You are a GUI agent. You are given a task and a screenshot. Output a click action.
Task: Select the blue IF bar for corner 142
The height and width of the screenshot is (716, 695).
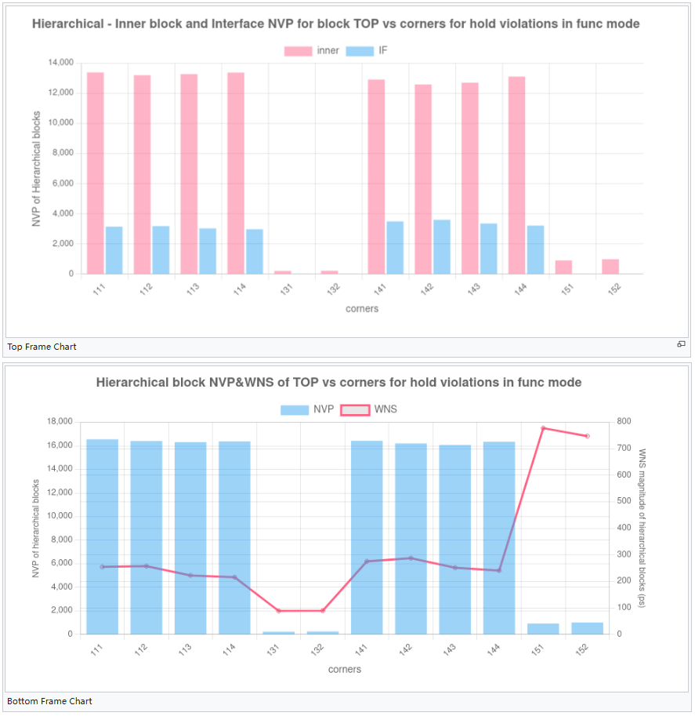[442, 247]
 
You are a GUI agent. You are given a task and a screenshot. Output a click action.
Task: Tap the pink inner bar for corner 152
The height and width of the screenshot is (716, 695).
[610, 267]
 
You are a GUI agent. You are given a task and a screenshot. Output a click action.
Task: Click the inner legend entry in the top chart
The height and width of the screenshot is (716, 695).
[312, 51]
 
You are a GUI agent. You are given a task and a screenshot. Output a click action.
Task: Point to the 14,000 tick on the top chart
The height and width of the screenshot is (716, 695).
[60, 63]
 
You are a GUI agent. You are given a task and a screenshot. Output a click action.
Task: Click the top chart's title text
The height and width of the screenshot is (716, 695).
[335, 24]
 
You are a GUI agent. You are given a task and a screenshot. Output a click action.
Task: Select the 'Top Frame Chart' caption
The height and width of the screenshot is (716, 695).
[42, 347]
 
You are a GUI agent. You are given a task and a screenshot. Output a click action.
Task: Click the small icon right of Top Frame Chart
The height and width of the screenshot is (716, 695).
[681, 344]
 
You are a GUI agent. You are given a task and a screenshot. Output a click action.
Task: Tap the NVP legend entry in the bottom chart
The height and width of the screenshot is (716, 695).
[307, 409]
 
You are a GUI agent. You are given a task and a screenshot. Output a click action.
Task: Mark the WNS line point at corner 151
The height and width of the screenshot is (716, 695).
[543, 428]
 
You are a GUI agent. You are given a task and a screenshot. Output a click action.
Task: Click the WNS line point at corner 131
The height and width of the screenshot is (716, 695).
[278, 610]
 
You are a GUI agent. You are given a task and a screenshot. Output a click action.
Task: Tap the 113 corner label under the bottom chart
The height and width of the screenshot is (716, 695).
[186, 649]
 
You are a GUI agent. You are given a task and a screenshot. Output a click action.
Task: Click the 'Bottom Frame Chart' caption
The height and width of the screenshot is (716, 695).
[49, 701]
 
